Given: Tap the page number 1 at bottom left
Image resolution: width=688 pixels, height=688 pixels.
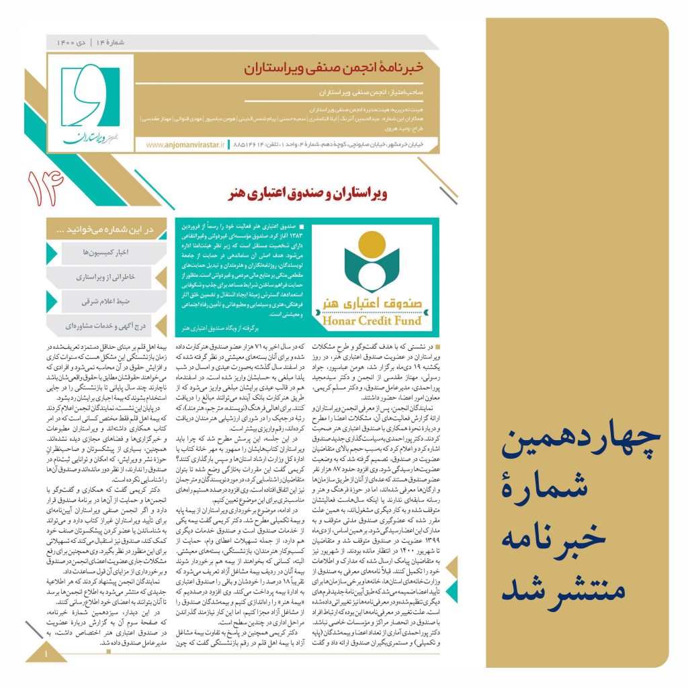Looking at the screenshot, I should [x=47, y=652].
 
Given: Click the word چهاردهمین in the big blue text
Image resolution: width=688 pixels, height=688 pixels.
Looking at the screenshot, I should [x=578, y=442].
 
